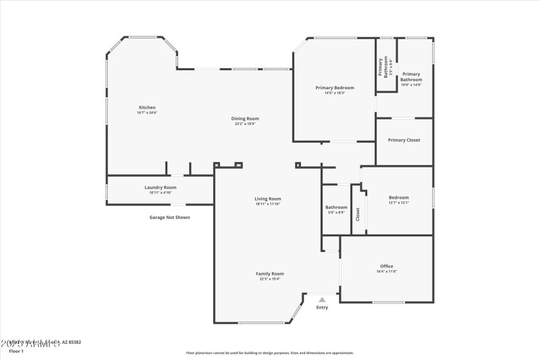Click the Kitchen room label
(x=147, y=107)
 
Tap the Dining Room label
(x=246, y=118)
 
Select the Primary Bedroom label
(x=334, y=88)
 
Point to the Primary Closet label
(x=404, y=140)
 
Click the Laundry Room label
(x=160, y=187)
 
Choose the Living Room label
(x=267, y=199)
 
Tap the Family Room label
(x=269, y=274)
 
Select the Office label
(x=386, y=266)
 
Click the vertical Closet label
(x=358, y=214)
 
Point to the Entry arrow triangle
(x=322, y=299)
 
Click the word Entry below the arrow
(x=322, y=308)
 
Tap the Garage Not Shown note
(x=169, y=217)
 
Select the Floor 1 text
(x=16, y=351)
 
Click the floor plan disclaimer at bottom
(x=269, y=353)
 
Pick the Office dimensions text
(x=386, y=272)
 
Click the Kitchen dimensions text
(x=147, y=113)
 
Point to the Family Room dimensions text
(x=269, y=279)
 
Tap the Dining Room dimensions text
(x=246, y=124)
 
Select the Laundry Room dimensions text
(x=160, y=192)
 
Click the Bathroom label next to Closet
(x=335, y=207)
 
